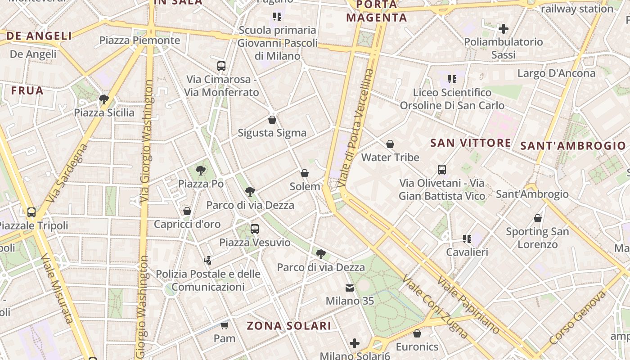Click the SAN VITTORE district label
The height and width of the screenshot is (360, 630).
[x=470, y=143]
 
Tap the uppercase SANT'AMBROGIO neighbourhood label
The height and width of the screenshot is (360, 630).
[x=573, y=146]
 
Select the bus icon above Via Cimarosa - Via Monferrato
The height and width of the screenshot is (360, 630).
[x=221, y=66]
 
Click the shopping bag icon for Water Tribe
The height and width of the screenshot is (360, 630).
[x=390, y=144]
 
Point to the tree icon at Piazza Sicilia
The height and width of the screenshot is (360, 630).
[x=104, y=99]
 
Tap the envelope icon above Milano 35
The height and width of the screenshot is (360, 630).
[x=350, y=288]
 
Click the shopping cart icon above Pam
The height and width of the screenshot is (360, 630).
[x=225, y=325]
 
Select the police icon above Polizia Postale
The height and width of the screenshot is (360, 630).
[x=207, y=260]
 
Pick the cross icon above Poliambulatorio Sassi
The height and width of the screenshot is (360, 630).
[x=504, y=29]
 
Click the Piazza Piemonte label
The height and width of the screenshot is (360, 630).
[x=139, y=40]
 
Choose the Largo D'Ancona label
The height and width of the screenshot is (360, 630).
[x=556, y=73]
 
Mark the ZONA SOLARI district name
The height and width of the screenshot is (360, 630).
[x=289, y=326]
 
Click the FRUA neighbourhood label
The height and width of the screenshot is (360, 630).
[x=27, y=90]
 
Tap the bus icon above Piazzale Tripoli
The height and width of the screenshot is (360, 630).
[x=31, y=212]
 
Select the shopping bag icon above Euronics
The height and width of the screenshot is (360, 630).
[x=417, y=333]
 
